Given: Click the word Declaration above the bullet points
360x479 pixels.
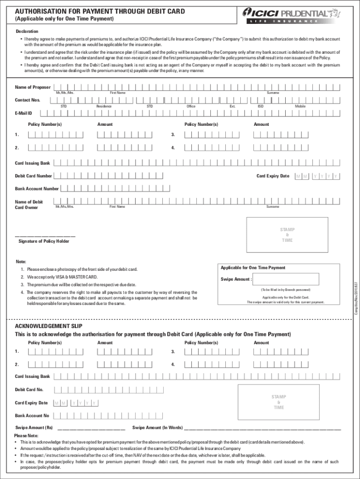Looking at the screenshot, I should point(27,31).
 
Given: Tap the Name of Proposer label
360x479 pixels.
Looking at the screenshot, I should point(33,87).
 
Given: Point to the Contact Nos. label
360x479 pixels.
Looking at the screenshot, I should point(28,100).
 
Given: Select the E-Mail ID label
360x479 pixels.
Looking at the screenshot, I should point(23,113).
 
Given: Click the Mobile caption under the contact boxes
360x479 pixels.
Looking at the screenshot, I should point(300,106).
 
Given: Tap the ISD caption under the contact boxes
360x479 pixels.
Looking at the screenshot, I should point(260,106).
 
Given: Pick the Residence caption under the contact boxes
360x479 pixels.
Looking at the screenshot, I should point(103,106).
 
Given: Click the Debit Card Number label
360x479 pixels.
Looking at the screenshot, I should point(33,176).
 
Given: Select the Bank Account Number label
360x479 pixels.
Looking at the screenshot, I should point(37,189).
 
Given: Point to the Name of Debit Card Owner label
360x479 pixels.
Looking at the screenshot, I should point(29,204).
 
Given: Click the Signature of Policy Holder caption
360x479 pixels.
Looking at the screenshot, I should point(44,241).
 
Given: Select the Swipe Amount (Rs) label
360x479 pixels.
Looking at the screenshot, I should point(34,428).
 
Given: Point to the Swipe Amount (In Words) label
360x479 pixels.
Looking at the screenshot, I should point(158,428).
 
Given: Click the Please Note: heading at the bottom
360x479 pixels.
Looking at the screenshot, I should point(27,435).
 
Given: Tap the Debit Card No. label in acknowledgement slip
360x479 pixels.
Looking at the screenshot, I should point(29,389).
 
